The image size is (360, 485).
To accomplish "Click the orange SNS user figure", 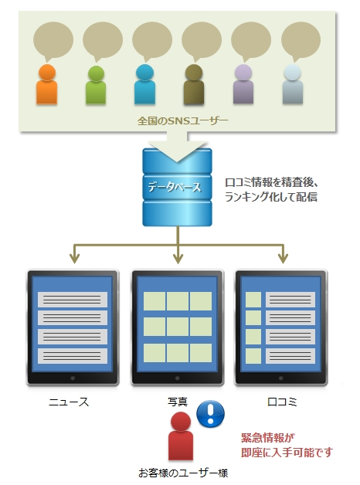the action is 46,84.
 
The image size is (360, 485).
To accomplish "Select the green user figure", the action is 96,85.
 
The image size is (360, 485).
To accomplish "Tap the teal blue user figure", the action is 144,84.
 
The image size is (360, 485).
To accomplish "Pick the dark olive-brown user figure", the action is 194,84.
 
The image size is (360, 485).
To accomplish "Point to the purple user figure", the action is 243,84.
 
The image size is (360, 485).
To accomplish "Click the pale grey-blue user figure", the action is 292,84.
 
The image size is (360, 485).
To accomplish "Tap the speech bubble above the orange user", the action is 53,41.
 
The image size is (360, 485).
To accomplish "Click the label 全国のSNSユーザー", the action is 182,120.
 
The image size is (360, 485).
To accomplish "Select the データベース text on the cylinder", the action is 175,187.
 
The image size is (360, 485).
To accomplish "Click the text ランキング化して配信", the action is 271,197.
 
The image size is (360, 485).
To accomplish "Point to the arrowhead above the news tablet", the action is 74,259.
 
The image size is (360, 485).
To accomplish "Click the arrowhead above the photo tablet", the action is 178,259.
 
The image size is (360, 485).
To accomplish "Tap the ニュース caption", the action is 69,402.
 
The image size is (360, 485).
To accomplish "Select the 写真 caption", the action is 178,402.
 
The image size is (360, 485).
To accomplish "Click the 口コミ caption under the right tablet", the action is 282,402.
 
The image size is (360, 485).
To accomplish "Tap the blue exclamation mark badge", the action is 211,414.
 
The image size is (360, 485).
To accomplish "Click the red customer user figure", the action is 181,436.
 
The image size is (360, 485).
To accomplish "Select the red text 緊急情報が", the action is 268,438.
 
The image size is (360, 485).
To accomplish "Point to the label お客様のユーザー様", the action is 183,473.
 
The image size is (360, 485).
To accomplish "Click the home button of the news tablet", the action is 73,378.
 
